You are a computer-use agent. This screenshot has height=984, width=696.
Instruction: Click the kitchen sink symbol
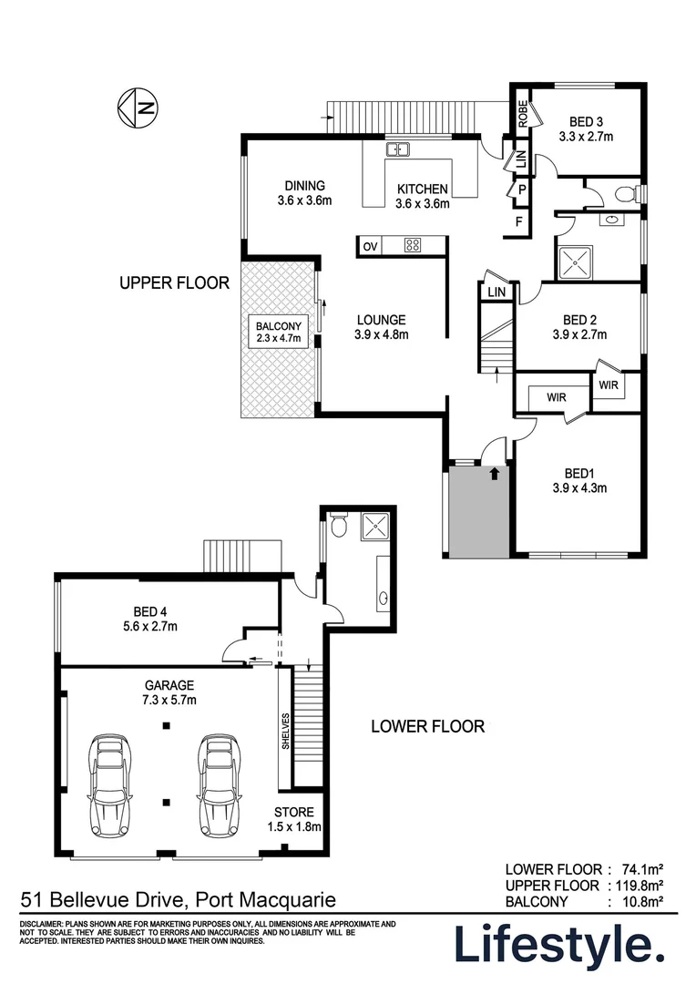click(398, 149)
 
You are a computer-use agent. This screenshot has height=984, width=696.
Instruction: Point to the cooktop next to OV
click(412, 244)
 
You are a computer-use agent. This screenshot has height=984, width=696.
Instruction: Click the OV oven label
click(370, 245)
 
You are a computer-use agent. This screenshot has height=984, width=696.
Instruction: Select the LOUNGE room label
click(382, 320)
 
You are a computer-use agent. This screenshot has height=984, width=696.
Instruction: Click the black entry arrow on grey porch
click(494, 473)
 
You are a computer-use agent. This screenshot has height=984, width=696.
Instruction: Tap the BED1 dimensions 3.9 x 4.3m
click(579, 487)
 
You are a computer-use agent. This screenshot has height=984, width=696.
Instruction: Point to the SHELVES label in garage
click(286, 731)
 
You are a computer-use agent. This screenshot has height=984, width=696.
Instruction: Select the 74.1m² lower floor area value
click(640, 869)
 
